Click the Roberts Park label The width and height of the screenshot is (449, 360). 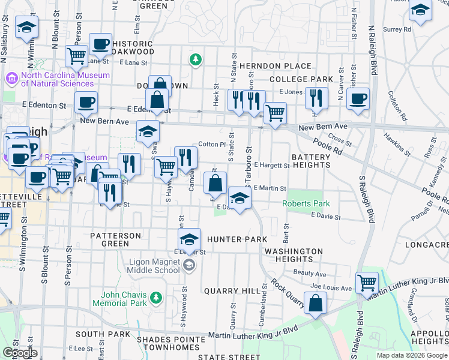[307, 203]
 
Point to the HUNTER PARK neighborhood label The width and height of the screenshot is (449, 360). [237, 239]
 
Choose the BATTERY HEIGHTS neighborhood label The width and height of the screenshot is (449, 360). [311, 161]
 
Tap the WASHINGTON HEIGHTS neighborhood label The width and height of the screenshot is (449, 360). [295, 255]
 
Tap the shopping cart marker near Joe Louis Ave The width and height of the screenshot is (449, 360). [366, 281]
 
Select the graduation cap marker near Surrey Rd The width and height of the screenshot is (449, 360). [421, 11]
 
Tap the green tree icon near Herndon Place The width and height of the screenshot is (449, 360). [194, 59]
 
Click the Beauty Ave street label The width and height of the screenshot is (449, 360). [306, 273]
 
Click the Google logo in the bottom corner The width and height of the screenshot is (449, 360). [19, 353]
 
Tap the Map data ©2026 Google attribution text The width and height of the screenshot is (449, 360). [412, 355]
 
